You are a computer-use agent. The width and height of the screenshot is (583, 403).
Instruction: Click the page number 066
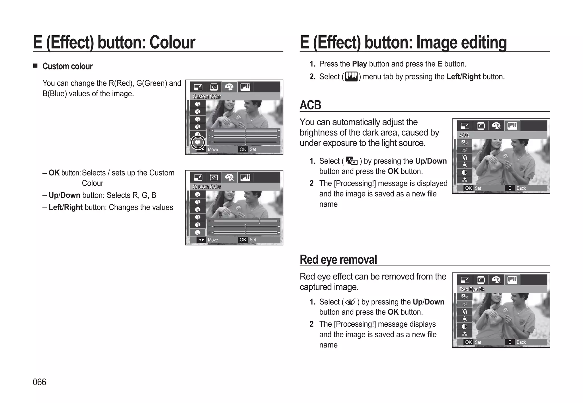[x=39, y=382]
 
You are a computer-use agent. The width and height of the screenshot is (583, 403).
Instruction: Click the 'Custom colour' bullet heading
[x=67, y=66]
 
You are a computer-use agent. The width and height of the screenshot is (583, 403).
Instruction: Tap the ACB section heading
[x=310, y=105]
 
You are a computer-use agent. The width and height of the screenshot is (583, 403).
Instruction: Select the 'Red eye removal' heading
[x=338, y=259]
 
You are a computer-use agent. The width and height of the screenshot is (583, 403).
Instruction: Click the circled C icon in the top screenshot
[x=198, y=142]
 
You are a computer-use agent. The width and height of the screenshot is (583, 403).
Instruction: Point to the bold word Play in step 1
[x=359, y=64]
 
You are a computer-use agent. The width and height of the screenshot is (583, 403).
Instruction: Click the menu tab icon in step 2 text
[x=351, y=77]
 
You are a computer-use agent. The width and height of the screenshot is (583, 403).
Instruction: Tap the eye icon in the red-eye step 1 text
[x=350, y=302]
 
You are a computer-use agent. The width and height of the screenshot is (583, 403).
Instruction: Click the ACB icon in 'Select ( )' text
[x=352, y=161]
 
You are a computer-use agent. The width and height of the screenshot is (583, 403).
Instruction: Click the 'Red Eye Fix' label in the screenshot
[x=472, y=289]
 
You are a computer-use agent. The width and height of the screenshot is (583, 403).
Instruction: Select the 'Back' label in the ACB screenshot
[x=521, y=188]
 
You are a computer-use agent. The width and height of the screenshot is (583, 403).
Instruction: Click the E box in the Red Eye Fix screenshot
[x=510, y=342]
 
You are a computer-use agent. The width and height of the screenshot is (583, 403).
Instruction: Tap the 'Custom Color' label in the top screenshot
[x=207, y=97]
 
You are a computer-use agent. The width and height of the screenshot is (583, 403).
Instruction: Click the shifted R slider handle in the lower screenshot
[x=259, y=221]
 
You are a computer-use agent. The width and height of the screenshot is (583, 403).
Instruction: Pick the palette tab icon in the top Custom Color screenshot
[x=229, y=87]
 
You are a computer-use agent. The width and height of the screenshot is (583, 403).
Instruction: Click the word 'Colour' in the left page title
[x=172, y=42]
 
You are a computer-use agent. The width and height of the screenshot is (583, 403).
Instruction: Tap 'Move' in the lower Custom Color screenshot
[x=213, y=240]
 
